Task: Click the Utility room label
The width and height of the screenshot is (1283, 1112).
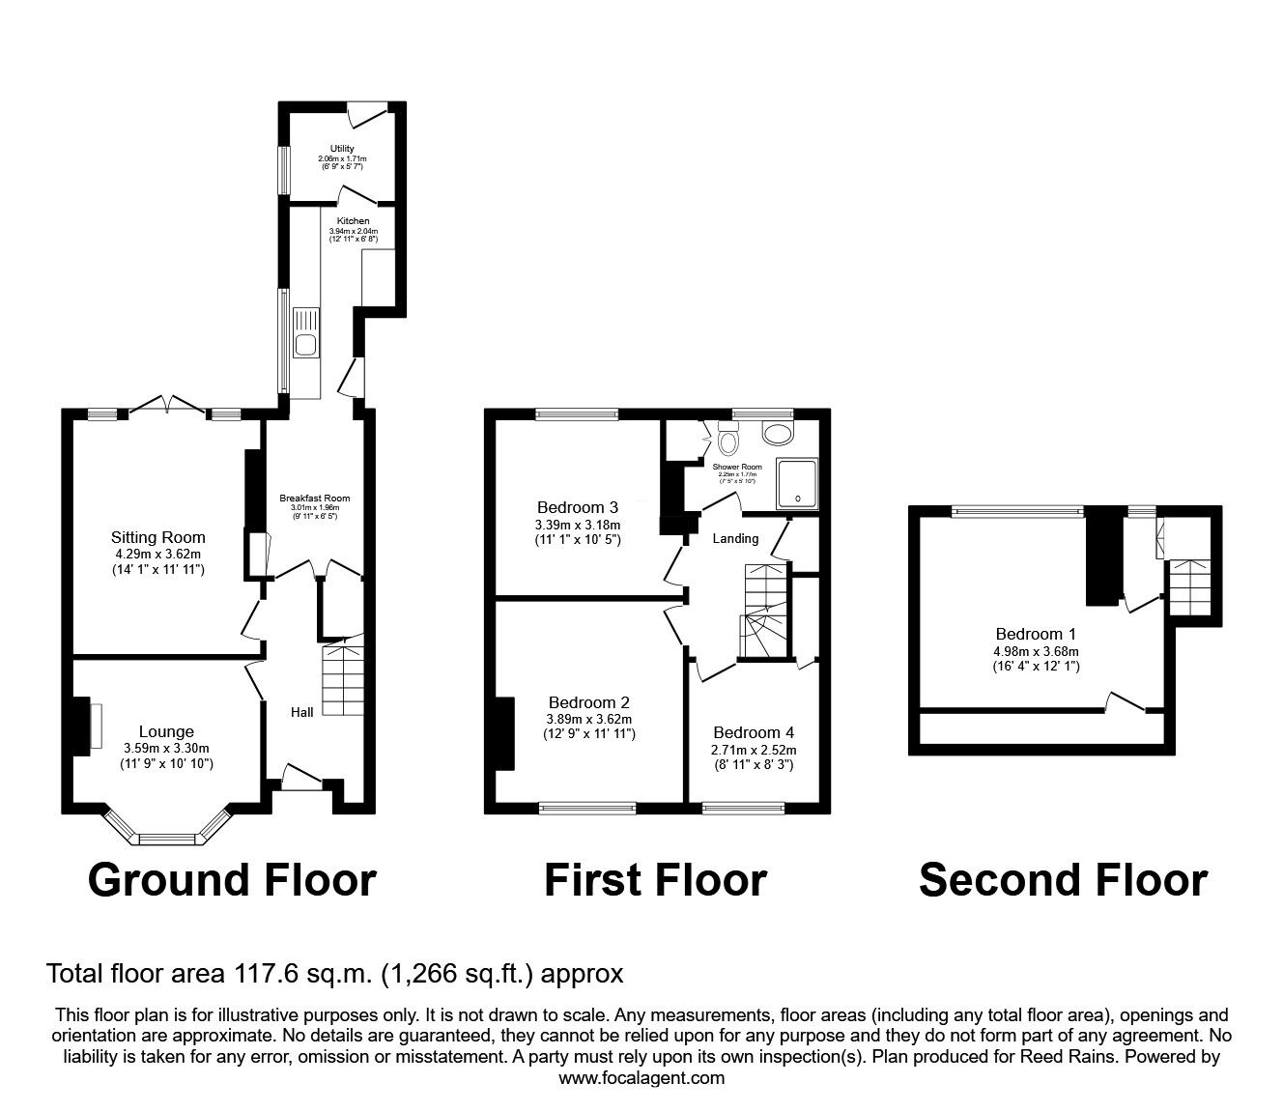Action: point(341,149)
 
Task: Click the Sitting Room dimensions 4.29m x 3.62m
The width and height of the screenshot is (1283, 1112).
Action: point(157,555)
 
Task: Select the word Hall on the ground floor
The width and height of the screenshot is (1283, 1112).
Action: point(302,712)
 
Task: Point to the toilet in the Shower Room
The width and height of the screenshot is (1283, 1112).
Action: point(727,441)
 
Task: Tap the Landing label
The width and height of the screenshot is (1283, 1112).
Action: point(735,538)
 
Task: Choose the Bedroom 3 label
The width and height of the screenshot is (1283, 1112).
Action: point(577,507)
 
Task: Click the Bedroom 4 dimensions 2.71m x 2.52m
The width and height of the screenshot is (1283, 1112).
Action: point(755,750)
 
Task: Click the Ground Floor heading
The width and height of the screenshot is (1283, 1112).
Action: point(232,880)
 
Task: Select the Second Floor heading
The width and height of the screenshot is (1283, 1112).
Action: point(1063,880)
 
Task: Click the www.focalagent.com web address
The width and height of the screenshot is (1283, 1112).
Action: point(641,1078)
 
